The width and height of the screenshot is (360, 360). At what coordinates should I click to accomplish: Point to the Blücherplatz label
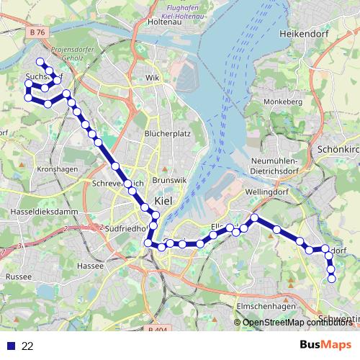pos(167,134)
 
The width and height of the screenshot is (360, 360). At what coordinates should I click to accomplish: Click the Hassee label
pos(91,266)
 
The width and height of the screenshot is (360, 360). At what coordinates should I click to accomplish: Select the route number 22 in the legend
pos(27,346)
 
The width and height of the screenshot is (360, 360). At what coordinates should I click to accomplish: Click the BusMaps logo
pos(326,345)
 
